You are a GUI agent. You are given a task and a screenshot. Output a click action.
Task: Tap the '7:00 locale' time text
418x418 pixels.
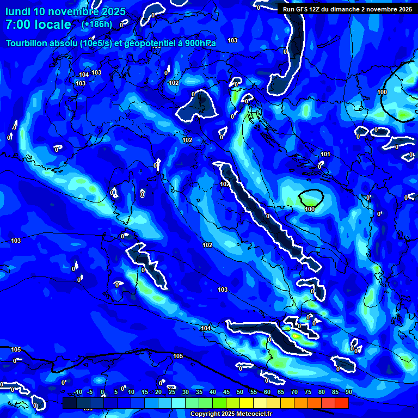coord(38,24)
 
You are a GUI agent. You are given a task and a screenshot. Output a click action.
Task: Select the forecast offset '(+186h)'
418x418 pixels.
coord(97,24)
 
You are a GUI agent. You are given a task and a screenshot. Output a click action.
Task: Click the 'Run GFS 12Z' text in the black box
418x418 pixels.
coord(303,9)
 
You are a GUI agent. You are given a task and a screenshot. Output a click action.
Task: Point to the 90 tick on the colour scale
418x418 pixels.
coord(348,392)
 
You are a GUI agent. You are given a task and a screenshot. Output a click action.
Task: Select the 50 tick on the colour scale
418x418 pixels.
coord(239,392)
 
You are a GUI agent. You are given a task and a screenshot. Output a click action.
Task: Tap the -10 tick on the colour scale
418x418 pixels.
coord(77,392)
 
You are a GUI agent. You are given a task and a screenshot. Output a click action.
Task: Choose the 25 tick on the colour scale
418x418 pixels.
coord(172,392)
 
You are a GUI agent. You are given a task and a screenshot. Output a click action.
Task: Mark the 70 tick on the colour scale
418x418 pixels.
coord(294,392)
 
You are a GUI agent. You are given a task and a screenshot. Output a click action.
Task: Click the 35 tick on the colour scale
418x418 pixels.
coord(199,392)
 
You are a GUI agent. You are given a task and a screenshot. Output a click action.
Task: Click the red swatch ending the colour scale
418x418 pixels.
coord(342,403)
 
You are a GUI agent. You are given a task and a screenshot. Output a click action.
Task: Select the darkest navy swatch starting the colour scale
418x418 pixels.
coord(70,403)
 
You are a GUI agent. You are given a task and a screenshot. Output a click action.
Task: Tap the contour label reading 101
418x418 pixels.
coord(325,155)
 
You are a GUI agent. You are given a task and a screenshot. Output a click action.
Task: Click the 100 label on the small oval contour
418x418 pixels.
coord(310,209)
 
